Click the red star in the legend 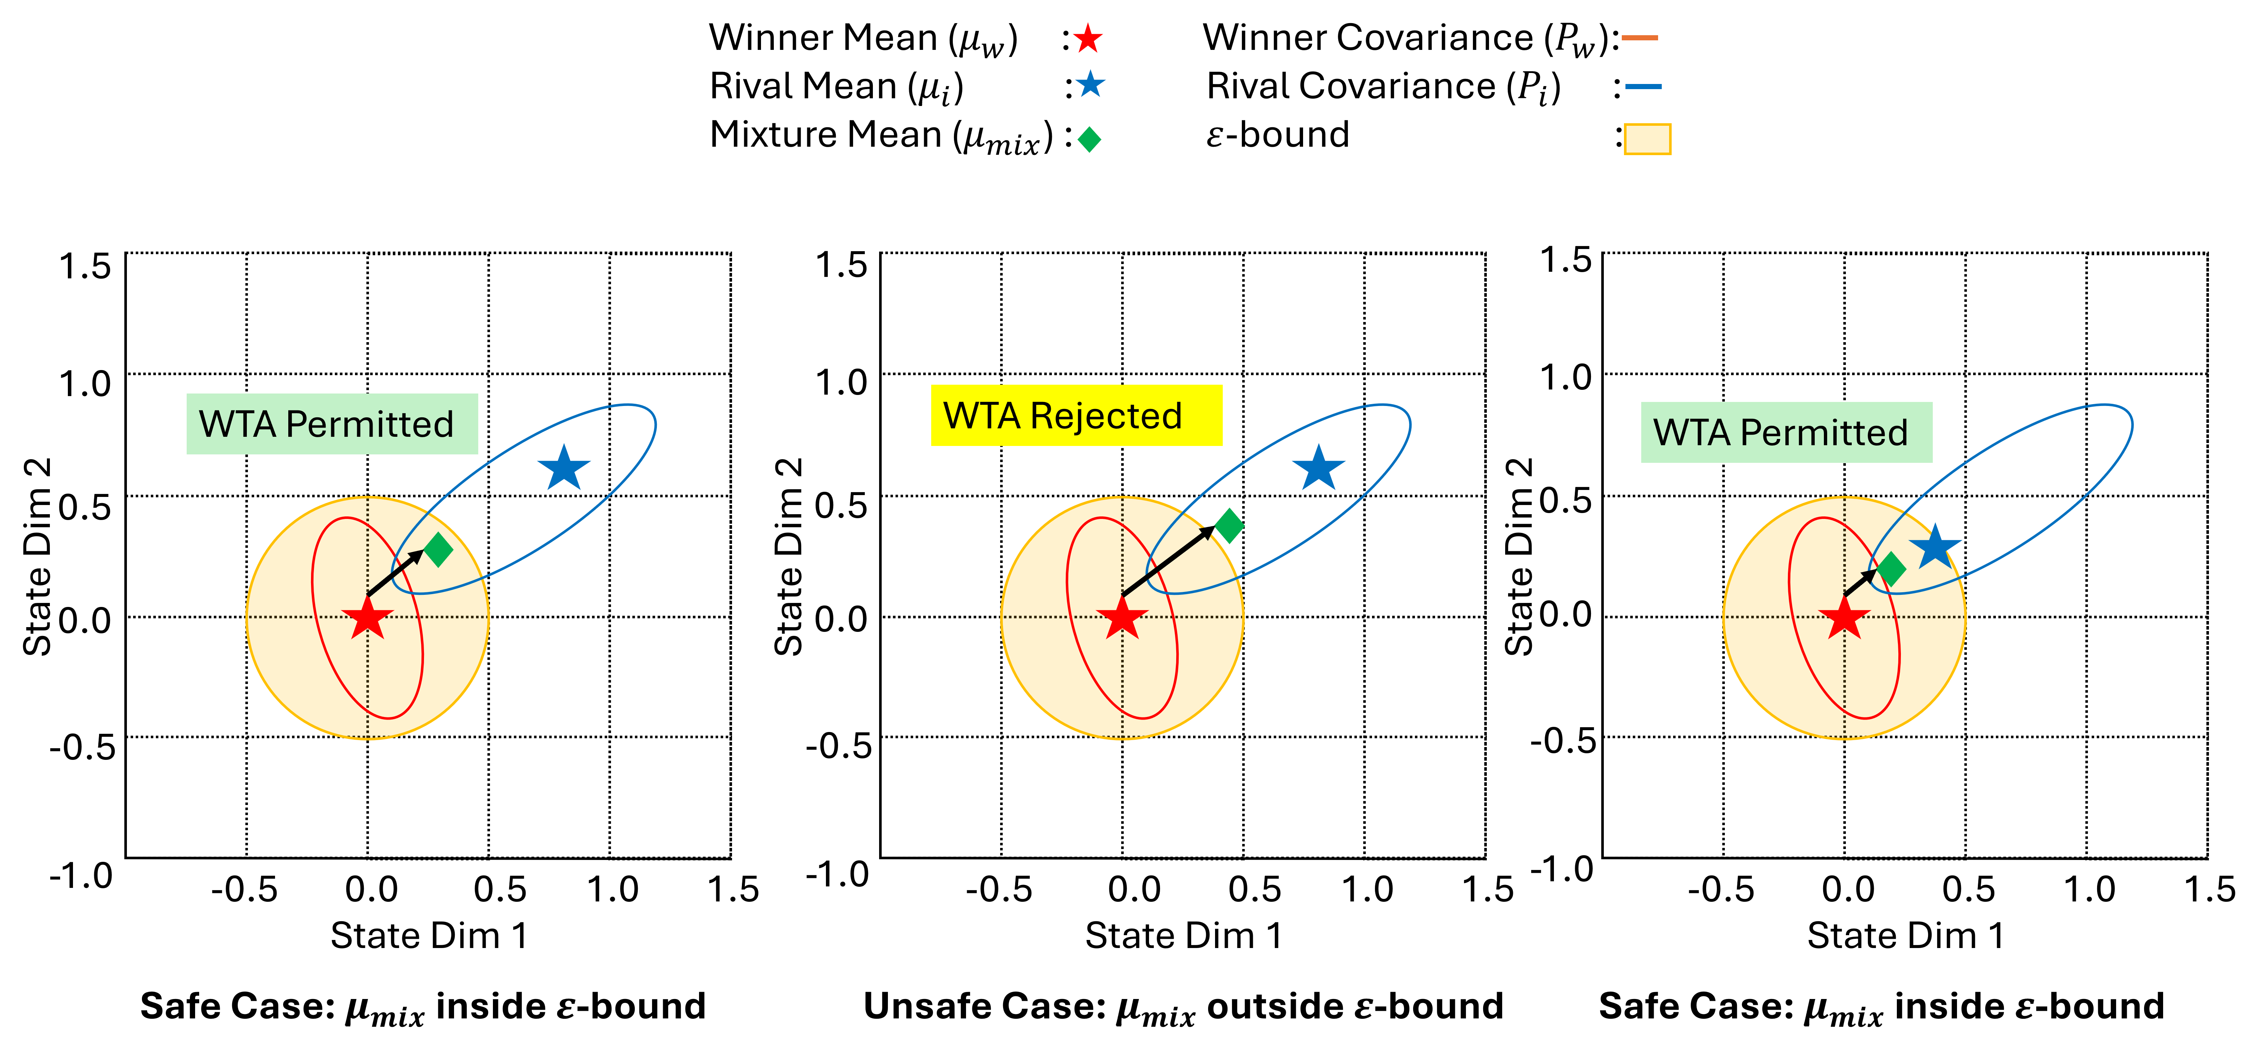coord(1088,39)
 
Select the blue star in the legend coord(1090,84)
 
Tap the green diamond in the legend coord(1089,139)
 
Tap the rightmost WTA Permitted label coord(1786,432)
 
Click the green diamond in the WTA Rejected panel coord(1229,526)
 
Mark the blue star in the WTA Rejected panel coord(1318,468)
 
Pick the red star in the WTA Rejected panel coord(1122,618)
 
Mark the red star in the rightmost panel coord(1844,618)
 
